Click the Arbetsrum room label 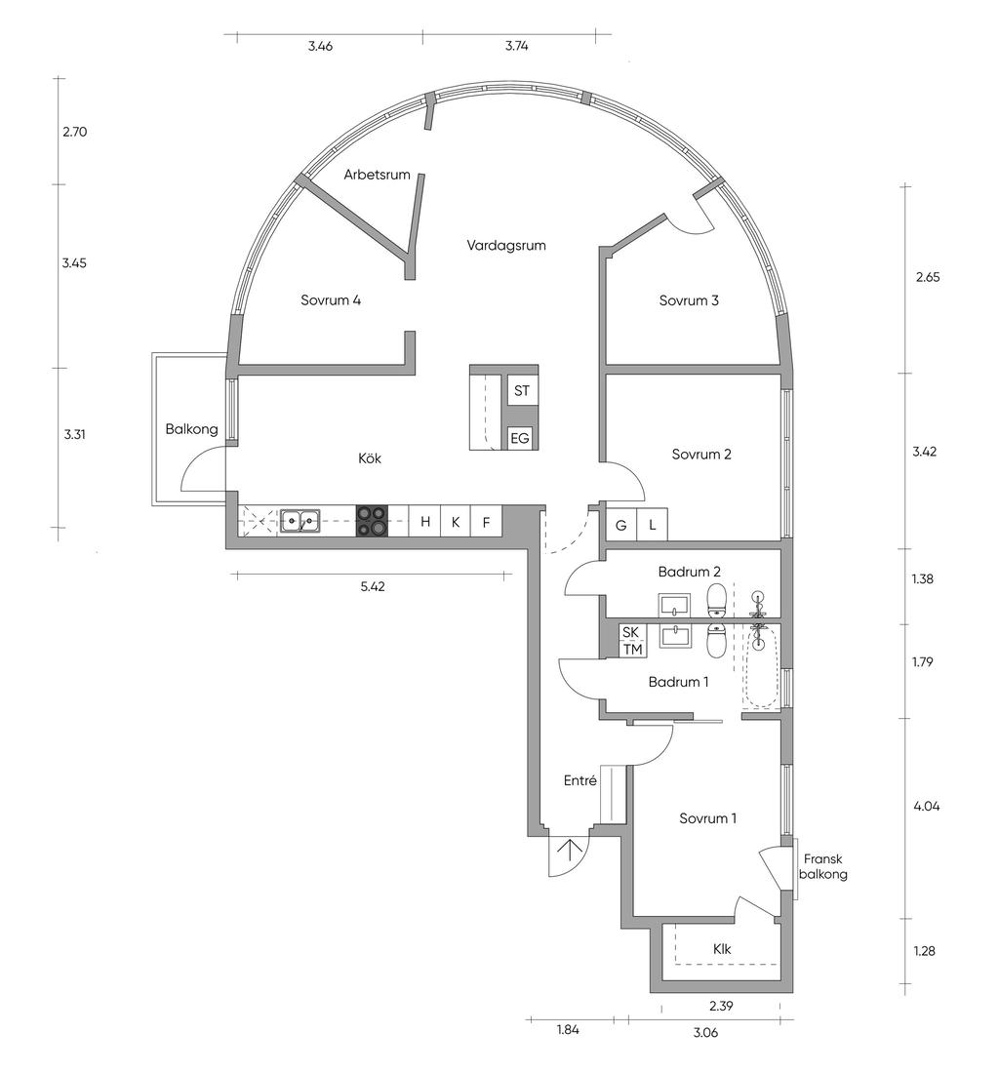377,175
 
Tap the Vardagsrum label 506,245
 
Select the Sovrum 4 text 331,299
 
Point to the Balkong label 191,429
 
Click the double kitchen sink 299,522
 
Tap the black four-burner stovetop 372,521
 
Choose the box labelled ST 521,391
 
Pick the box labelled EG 520,438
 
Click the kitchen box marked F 487,522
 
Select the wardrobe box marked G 621,525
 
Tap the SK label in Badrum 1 631,632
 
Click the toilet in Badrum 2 716,600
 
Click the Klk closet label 722,949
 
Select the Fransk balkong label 823,866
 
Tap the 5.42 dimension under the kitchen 373,586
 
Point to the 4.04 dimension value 927,806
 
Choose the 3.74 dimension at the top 517,47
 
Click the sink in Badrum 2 675,605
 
